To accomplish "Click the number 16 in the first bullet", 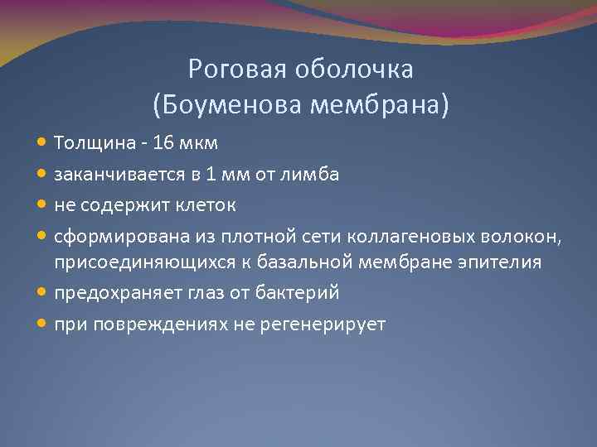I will [x=165, y=142].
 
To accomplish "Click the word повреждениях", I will [x=153, y=324].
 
